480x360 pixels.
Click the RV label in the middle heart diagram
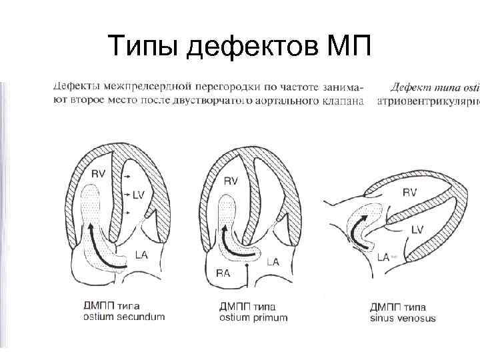point(231,181)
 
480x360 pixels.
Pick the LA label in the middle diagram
point(273,263)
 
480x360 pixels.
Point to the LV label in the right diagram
point(417,229)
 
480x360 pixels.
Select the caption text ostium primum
point(253,317)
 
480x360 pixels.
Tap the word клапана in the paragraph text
point(341,101)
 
